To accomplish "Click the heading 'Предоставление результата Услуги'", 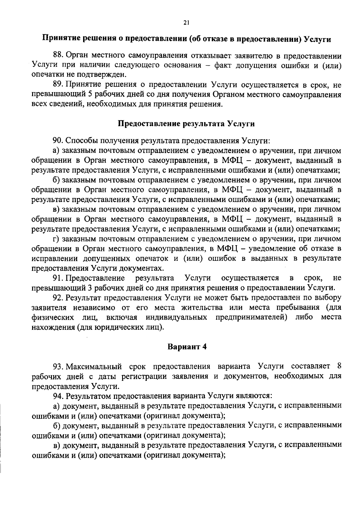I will (x=186, y=124).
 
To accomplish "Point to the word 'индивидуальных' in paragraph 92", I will (x=176, y=318).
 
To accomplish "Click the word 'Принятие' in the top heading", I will (x=59, y=39).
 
